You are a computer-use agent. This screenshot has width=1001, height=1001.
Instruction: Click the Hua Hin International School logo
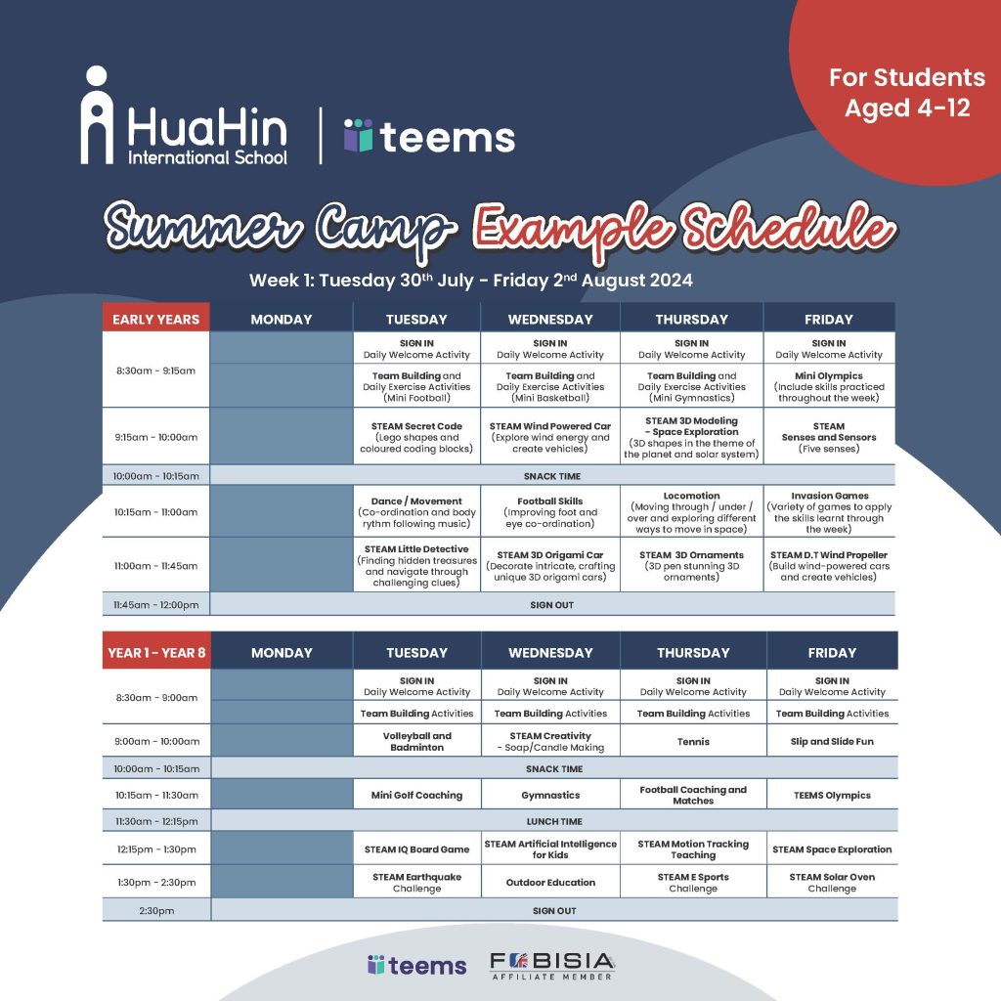184,115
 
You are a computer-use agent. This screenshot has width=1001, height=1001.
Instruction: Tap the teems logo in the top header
429,136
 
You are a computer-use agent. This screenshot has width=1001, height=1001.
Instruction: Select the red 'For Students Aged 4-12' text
906,93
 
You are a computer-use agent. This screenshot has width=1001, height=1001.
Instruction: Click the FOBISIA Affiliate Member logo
552,966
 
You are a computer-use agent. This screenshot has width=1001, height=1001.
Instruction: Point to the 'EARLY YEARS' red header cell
155,319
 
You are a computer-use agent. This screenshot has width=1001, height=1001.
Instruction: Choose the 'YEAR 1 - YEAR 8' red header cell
156,652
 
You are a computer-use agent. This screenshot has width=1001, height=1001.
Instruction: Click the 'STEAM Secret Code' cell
416,437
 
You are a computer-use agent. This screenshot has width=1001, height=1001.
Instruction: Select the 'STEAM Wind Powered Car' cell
549,437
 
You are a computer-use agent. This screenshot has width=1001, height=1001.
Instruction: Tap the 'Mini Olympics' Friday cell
829,386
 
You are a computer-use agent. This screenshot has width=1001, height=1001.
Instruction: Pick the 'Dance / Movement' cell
416,512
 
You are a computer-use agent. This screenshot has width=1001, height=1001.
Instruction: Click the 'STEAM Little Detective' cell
416,565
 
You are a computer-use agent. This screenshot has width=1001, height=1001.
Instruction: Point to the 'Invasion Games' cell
829,512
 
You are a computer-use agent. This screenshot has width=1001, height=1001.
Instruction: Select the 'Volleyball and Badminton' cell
416,741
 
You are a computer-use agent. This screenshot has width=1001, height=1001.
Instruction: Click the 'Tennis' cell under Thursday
693,741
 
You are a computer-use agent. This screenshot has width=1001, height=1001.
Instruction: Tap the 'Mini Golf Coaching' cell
416,795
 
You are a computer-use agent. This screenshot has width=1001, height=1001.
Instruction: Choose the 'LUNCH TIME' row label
554,821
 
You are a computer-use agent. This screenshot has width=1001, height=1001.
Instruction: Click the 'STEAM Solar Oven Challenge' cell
832,882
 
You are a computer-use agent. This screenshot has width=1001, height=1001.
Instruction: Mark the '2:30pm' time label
156,910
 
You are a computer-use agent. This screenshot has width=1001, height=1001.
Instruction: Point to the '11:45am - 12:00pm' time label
155,604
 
